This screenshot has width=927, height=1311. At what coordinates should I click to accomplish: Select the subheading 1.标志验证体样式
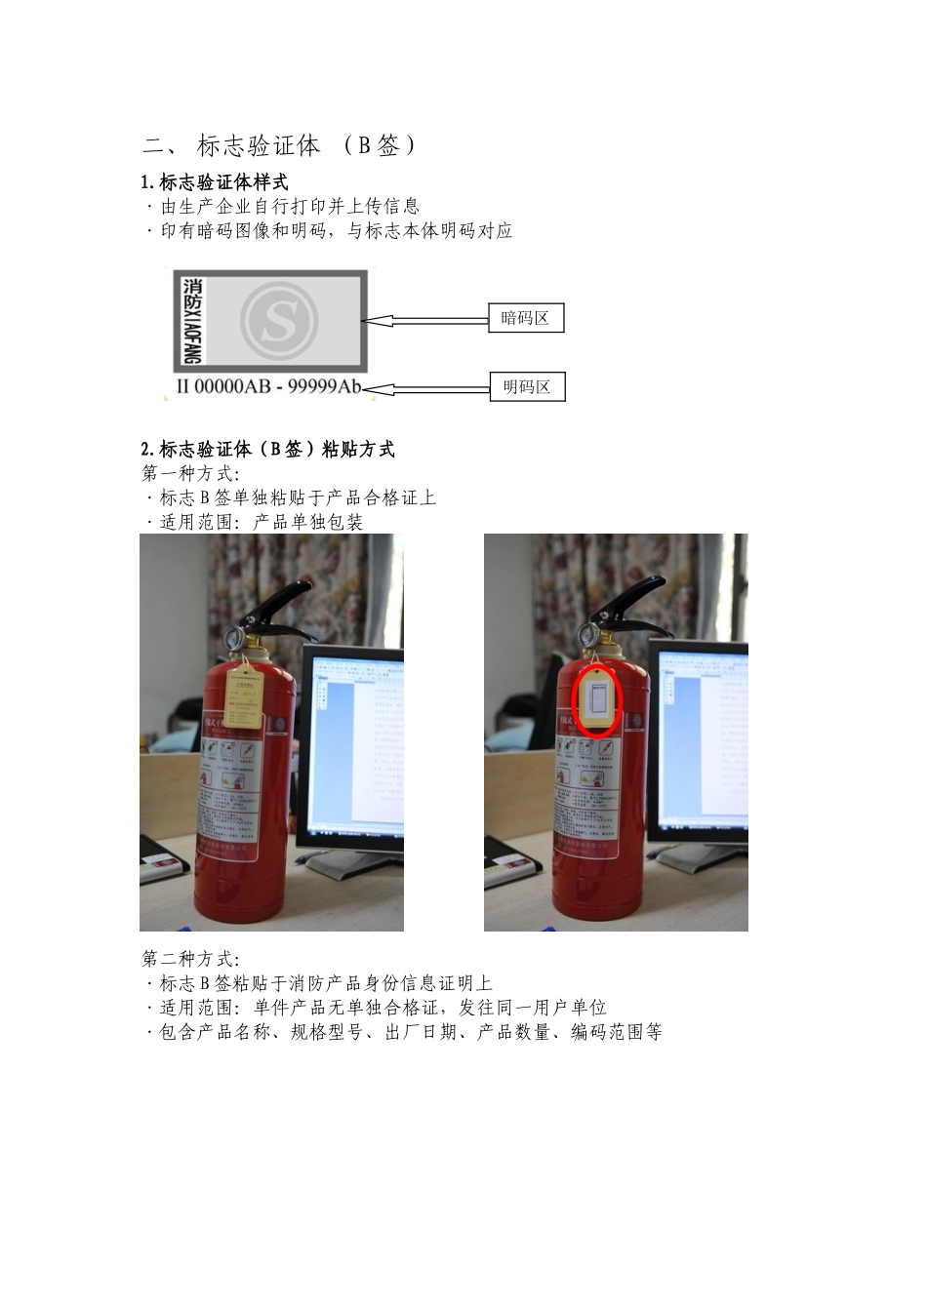(x=215, y=181)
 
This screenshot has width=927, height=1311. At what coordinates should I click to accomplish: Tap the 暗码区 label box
(x=525, y=318)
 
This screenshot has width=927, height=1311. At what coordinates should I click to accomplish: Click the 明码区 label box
(x=526, y=387)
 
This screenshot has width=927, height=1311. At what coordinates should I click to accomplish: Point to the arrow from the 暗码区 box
(x=424, y=319)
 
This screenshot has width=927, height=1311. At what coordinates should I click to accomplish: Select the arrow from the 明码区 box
(x=424, y=389)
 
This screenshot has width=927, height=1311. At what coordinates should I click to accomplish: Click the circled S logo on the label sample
(x=279, y=319)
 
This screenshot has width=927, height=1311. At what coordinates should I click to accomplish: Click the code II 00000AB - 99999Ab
(x=267, y=386)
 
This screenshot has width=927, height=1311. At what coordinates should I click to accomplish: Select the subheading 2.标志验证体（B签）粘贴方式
(x=267, y=450)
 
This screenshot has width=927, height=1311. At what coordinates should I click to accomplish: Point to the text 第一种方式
(x=189, y=474)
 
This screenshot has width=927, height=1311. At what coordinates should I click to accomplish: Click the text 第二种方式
(x=189, y=959)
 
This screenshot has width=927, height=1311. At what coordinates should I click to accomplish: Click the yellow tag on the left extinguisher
(x=245, y=696)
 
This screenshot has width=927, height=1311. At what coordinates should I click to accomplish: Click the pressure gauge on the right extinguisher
(x=589, y=633)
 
